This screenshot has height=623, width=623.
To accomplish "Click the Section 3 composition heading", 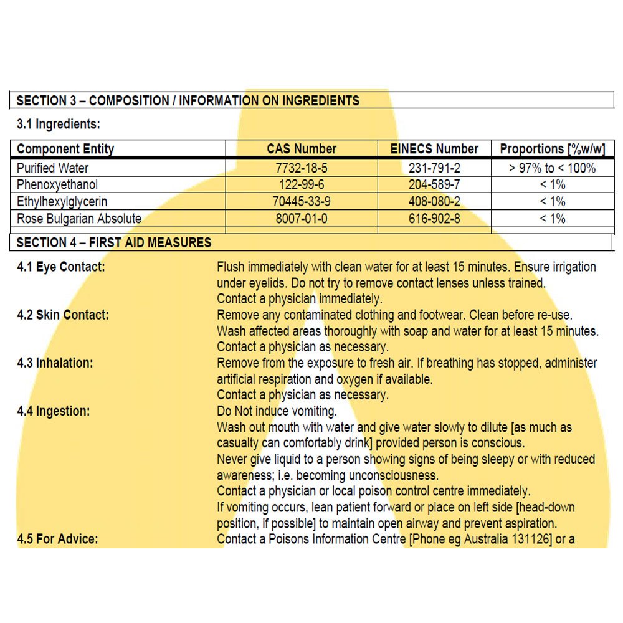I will [188, 100].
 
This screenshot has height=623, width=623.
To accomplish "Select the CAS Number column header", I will [302, 149].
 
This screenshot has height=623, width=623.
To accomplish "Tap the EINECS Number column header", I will [434, 149].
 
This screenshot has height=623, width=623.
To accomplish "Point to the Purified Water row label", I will [53, 168].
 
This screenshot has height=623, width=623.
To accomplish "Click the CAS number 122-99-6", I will [302, 185].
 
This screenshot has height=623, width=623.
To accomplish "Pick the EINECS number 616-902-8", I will [434, 219].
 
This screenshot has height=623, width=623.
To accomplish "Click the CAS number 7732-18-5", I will [302, 168].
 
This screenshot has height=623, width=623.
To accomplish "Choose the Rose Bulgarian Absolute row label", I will [79, 219].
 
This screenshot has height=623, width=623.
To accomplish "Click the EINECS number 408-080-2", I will [434, 202].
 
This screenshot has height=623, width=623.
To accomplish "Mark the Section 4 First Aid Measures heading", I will [114, 242].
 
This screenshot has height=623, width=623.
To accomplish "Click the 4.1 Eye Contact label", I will [61, 267].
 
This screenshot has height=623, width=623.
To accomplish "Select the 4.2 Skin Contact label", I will [63, 315].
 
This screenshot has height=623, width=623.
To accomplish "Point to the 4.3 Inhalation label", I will [55, 363].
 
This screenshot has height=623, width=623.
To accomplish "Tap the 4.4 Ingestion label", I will [54, 411].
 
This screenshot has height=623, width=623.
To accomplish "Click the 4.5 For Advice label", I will [57, 538].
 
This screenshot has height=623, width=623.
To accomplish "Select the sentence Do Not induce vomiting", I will [277, 411].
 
